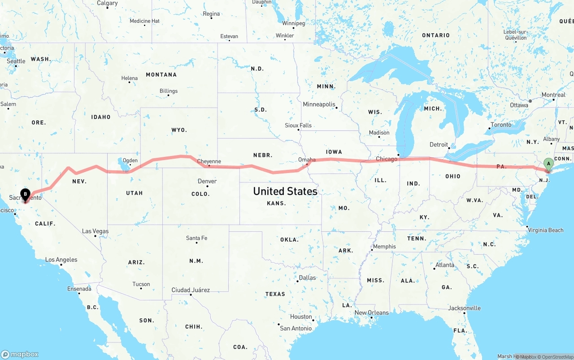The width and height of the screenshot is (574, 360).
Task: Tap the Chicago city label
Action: (x=387, y=159)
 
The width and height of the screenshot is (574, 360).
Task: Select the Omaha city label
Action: (x=307, y=160)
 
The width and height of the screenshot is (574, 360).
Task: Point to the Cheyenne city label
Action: (x=209, y=161)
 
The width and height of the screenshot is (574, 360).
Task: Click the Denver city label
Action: (x=207, y=181)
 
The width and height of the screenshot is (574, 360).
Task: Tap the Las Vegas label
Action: (x=95, y=231)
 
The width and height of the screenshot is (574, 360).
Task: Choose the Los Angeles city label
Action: (x=61, y=260)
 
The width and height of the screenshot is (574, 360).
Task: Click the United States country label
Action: (x=285, y=191)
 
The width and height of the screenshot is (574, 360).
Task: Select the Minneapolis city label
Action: (x=319, y=104)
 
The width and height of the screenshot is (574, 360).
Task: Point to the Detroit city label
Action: (x=439, y=144)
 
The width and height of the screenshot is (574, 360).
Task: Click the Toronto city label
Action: (x=501, y=125)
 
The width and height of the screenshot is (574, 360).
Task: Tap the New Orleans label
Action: (x=372, y=312)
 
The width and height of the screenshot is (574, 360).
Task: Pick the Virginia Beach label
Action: (x=546, y=230)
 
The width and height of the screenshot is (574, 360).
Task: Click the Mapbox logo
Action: (x=20, y=354)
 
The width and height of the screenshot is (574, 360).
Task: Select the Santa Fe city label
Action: (x=196, y=238)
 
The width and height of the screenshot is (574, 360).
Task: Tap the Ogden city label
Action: (x=130, y=160)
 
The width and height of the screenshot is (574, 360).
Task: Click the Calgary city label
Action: (x=107, y=3)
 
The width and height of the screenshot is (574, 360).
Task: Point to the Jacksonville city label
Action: (x=464, y=308)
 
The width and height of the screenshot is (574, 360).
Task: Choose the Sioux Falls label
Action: (x=298, y=125)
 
